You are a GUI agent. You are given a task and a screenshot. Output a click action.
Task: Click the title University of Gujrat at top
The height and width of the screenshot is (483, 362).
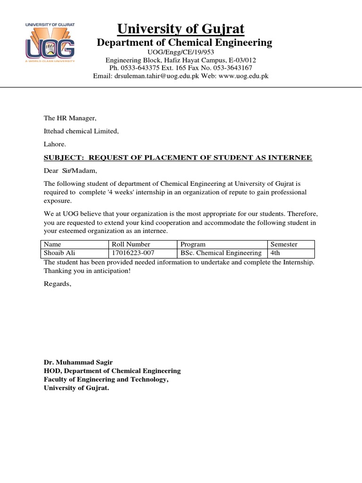(181, 29)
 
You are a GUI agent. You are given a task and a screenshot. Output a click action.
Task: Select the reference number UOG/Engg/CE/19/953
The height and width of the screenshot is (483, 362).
(181, 52)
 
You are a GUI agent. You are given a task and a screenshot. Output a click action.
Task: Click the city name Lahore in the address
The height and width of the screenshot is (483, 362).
(55, 144)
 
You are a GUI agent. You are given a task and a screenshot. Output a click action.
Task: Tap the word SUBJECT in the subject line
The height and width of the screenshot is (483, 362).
(63, 158)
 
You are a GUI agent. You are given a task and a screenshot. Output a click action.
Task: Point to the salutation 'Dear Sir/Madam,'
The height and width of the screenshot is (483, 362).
(73, 171)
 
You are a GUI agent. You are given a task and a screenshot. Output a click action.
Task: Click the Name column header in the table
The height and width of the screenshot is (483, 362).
(52, 244)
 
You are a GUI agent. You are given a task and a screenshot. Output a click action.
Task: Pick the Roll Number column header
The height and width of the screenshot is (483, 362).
(131, 244)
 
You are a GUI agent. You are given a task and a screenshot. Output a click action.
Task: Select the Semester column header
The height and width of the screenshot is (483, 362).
(284, 244)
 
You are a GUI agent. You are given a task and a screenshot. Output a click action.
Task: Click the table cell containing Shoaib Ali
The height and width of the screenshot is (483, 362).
(59, 253)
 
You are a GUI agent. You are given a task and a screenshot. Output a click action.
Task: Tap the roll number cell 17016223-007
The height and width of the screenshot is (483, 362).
(133, 253)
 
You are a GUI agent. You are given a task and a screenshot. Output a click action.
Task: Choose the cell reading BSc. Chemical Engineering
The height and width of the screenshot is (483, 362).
(221, 253)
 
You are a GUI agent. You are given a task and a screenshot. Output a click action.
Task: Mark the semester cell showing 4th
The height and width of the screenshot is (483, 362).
(275, 253)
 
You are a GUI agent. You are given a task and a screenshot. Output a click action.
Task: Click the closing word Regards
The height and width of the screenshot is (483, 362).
(58, 284)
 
